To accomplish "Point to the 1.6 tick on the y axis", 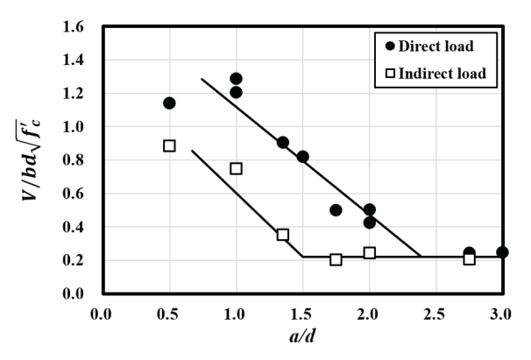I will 78,27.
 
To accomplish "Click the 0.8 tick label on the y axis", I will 78,160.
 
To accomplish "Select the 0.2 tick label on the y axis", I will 78,260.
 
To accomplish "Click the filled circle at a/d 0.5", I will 169,103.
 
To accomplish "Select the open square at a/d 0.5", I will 169,145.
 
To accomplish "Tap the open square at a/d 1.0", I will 236,168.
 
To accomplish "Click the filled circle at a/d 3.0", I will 502,252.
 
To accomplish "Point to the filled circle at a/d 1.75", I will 336,210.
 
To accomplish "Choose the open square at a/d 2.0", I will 369,253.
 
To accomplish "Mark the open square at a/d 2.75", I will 469,258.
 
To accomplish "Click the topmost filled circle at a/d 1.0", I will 236,79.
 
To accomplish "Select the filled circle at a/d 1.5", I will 302,157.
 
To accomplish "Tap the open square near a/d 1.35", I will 282,235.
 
